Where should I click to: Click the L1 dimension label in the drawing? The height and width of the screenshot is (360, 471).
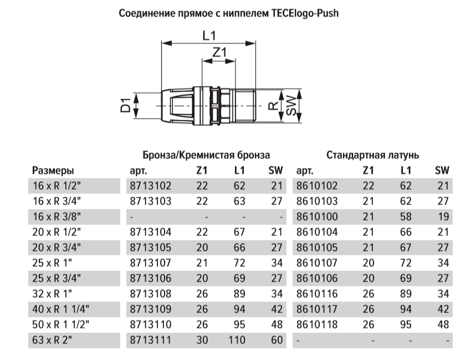click(x=209, y=36)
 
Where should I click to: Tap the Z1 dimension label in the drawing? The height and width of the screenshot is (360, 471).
click(x=220, y=53)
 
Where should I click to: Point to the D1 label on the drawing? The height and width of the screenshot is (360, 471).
click(x=127, y=105)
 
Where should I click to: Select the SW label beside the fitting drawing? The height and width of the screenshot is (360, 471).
click(x=292, y=105)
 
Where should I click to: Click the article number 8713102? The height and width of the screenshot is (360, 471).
click(x=150, y=186)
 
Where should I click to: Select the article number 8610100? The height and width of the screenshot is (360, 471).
click(x=318, y=217)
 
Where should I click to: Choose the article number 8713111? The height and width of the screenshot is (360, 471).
click(x=150, y=340)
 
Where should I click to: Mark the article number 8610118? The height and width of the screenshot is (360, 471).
click(x=318, y=324)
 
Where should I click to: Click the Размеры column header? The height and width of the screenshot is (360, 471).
click(x=53, y=170)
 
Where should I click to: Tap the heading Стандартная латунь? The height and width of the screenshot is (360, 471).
click(x=372, y=155)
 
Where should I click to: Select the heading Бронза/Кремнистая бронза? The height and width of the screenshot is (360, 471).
click(x=206, y=155)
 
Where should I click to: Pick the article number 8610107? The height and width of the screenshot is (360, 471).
click(x=318, y=263)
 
